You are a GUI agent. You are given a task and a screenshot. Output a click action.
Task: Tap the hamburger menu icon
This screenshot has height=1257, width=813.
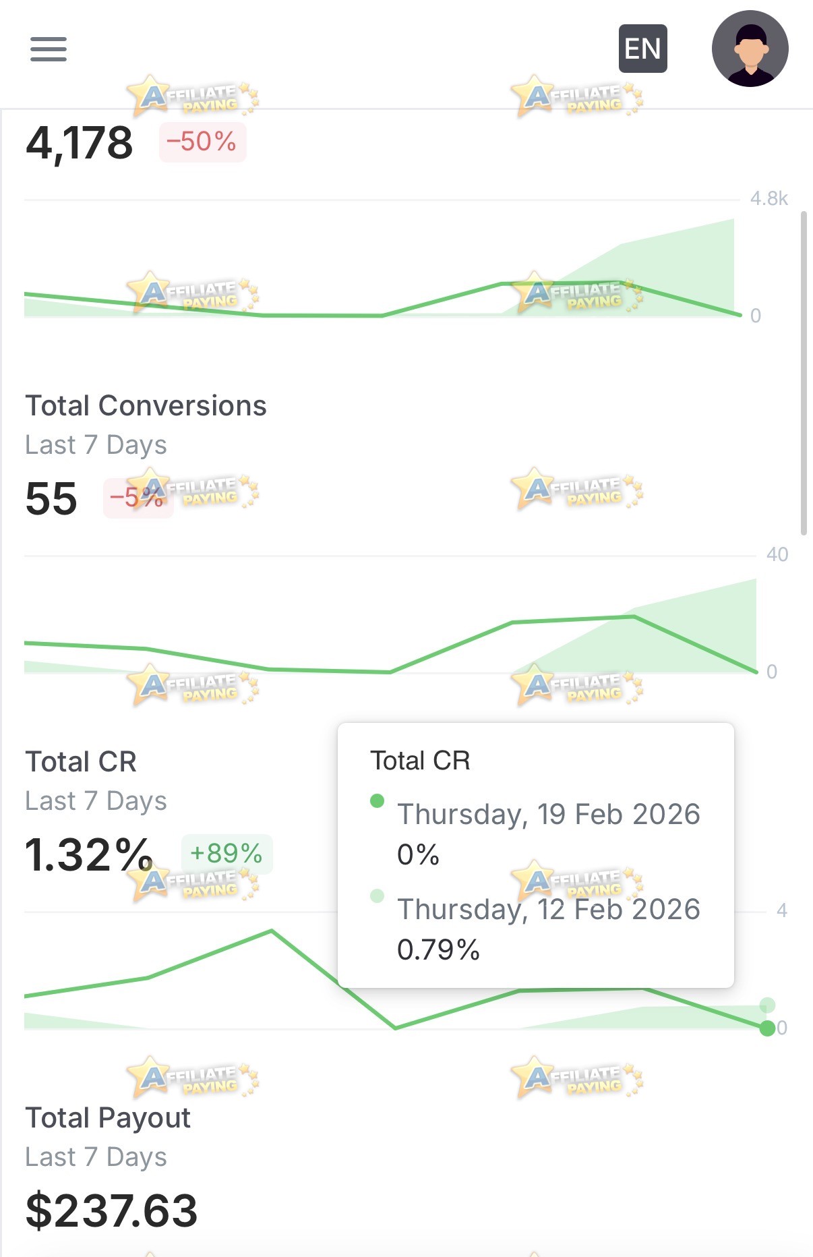coord(49,49)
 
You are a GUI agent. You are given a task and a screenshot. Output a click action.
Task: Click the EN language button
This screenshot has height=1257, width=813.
coord(642,49)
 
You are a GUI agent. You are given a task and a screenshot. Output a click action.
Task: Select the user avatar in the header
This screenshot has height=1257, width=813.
coord(750,49)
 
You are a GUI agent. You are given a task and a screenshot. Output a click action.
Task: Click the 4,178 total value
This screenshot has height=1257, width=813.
coord(80,143)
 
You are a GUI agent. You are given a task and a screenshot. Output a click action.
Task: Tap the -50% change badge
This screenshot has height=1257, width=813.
coord(202,142)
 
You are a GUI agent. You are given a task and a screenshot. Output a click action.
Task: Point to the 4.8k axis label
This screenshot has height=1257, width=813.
coord(769,198)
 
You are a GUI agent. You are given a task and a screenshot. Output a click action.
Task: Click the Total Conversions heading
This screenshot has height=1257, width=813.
coord(146,406)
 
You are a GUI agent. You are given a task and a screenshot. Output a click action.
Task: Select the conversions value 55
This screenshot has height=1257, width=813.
coord(51,499)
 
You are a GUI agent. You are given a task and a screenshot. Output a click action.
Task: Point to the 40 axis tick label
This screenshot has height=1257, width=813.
coord(777,554)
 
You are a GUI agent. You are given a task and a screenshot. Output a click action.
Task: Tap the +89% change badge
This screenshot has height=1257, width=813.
coord(227,854)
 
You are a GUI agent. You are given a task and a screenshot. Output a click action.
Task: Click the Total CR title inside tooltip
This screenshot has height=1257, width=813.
coord(420,761)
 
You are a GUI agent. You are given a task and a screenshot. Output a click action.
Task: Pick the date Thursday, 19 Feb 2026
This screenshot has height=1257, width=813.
coord(549,815)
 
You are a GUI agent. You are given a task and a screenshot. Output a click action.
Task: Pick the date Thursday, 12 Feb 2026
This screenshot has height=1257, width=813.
coord(549,910)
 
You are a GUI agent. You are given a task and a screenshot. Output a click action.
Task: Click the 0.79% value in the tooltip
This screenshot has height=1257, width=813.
coord(438,949)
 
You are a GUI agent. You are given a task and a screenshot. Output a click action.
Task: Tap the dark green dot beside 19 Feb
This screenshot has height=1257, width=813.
coord(378,800)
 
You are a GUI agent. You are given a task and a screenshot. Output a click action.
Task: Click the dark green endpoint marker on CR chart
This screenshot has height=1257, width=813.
coord(767,1028)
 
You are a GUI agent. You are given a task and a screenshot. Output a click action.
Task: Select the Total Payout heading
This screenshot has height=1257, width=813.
coord(108,1118)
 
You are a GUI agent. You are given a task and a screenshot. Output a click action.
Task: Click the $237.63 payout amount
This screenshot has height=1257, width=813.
coord(111,1210)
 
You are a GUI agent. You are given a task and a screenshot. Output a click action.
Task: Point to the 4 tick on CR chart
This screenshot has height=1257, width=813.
coord(782,910)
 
